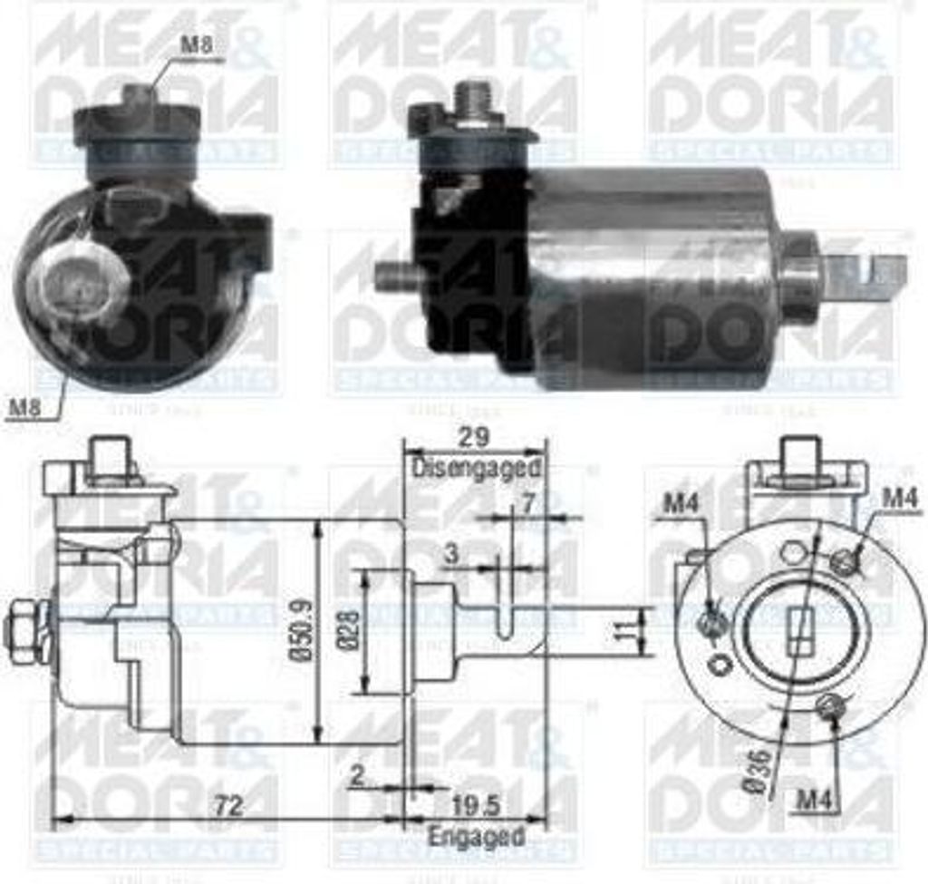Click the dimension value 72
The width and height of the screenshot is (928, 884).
pyautogui.click(x=229, y=805)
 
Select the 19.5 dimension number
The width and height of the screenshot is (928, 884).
pyautogui.click(x=475, y=805)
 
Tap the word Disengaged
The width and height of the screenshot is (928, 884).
pyautogui.click(x=477, y=469)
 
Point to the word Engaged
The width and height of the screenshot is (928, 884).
pyautogui.click(x=476, y=836)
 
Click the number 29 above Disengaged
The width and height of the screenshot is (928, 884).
pyautogui.click(x=473, y=437)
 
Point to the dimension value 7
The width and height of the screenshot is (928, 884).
pyautogui.click(x=527, y=500)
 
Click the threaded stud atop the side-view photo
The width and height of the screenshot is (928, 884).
pyautogui.click(x=472, y=97)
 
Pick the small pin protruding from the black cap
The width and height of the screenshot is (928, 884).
pyautogui.click(x=393, y=277)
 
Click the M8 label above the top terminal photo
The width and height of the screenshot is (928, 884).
pyautogui.click(x=202, y=44)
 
